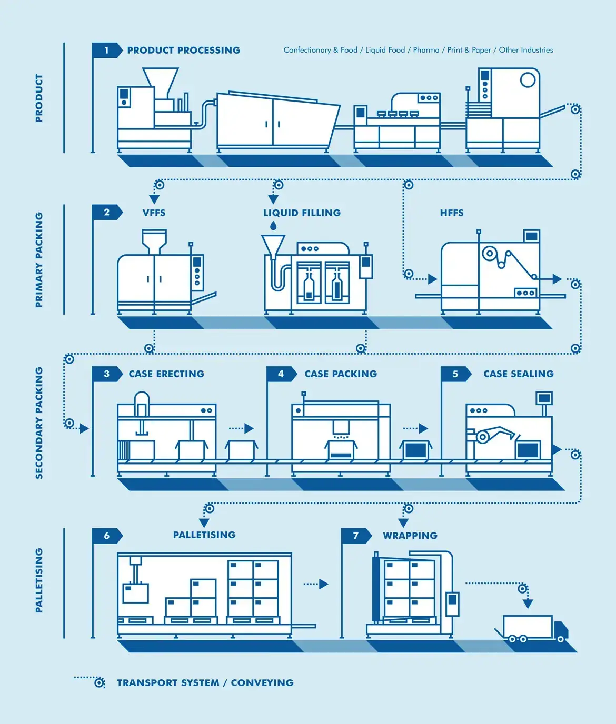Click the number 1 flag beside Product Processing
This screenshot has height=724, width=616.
click(106, 51)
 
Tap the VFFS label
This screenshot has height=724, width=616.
click(154, 213)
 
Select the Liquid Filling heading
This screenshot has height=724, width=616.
click(302, 213)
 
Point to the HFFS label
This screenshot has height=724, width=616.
click(452, 213)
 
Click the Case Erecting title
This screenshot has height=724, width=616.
click(166, 374)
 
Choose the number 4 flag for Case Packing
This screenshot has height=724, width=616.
click(281, 374)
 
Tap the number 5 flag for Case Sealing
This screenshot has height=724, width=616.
click(455, 374)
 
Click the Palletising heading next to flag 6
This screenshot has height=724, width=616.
click(204, 535)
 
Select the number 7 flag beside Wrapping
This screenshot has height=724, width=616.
click(356, 536)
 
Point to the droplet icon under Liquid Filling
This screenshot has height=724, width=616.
click(273, 226)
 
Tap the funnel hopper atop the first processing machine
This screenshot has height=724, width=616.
click(161, 77)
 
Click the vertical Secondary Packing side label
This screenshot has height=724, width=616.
click(39, 423)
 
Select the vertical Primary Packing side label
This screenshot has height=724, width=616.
click(39, 260)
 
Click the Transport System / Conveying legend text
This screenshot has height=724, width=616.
click(205, 683)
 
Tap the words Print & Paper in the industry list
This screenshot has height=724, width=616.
click(469, 50)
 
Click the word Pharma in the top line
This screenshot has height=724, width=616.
click(426, 50)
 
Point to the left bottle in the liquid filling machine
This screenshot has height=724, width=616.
click(309, 286)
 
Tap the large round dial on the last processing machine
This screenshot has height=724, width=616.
click(528, 80)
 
